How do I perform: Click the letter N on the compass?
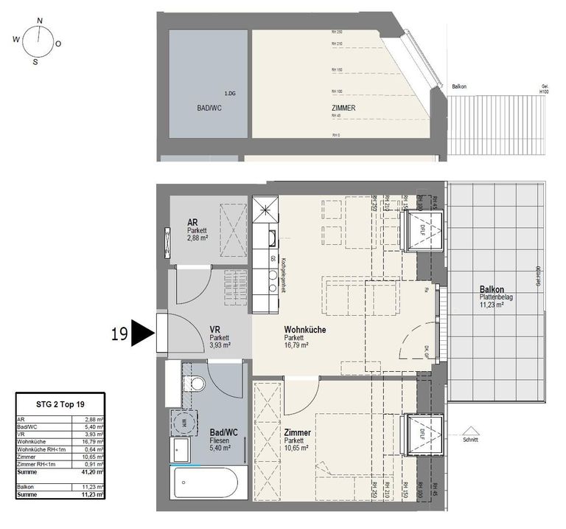pyautogui.click(x=40, y=21)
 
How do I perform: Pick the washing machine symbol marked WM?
pyautogui.click(x=181, y=423)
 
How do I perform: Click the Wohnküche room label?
pyautogui.click(x=305, y=330)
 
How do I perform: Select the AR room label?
pyautogui.click(x=192, y=222)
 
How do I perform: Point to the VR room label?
pyautogui.click(x=216, y=330)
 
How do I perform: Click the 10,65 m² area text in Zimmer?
pyautogui.click(x=296, y=448)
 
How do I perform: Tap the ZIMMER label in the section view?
pyautogui.click(x=343, y=108)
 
